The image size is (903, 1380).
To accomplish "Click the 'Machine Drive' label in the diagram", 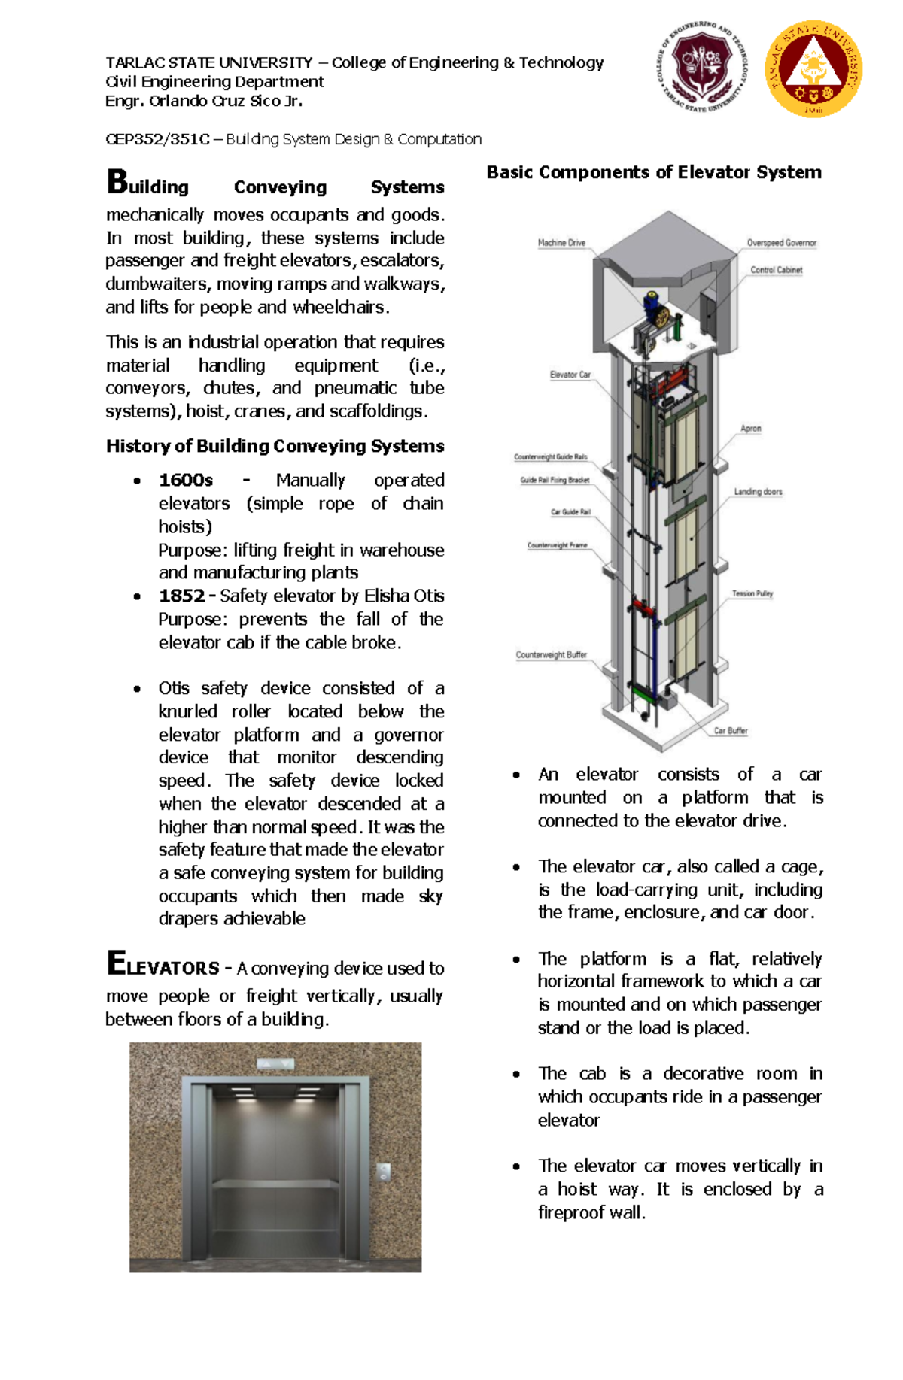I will [561, 243].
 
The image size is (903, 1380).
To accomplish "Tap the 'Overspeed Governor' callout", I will [781, 243].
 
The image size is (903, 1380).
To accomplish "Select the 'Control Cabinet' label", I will [776, 270].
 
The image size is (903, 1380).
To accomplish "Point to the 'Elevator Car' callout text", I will [570, 375].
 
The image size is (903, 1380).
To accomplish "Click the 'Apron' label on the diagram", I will [750, 429].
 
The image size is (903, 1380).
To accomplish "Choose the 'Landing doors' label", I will [758, 492].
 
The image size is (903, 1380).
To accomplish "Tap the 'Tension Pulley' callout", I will [752, 593].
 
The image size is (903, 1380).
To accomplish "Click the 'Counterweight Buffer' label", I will [551, 655].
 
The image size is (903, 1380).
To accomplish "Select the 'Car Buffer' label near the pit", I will [730, 731].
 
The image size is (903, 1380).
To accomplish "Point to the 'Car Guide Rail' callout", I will [570, 512].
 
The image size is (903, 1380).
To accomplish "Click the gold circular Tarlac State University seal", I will [813, 68].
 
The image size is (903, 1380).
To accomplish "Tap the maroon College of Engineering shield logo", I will [701, 66].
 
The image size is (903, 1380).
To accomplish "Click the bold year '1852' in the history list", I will [181, 596].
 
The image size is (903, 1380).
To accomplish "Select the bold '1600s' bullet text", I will [186, 480].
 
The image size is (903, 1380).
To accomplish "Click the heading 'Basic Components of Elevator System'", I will [653, 172].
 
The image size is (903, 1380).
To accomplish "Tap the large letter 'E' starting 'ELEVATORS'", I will [117, 963].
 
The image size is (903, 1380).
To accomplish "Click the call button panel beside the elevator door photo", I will [383, 1172].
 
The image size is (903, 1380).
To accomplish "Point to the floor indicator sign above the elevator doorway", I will [275, 1063].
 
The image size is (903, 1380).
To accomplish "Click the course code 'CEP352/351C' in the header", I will [157, 139].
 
